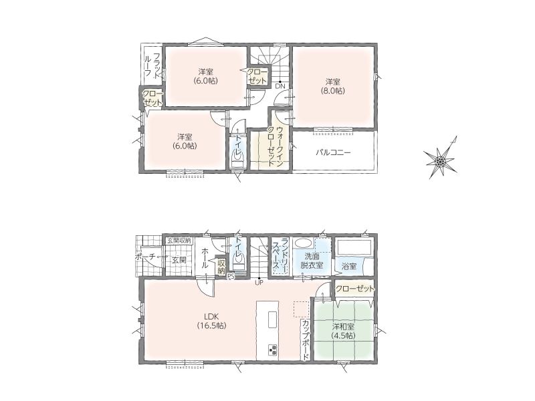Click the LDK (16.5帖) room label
211,321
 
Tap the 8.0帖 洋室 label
332,86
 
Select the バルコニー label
332,152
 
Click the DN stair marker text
280,87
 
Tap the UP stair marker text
259,283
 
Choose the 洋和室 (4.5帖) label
343,331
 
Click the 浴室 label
348,266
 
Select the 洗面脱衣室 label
312,260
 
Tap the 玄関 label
179,260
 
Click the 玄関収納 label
179,241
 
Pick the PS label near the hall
231,277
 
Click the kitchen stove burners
273,350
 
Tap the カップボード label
306,340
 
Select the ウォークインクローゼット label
275,146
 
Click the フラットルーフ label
152,66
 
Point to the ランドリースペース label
280,257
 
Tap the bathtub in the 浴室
354,247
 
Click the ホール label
205,259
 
